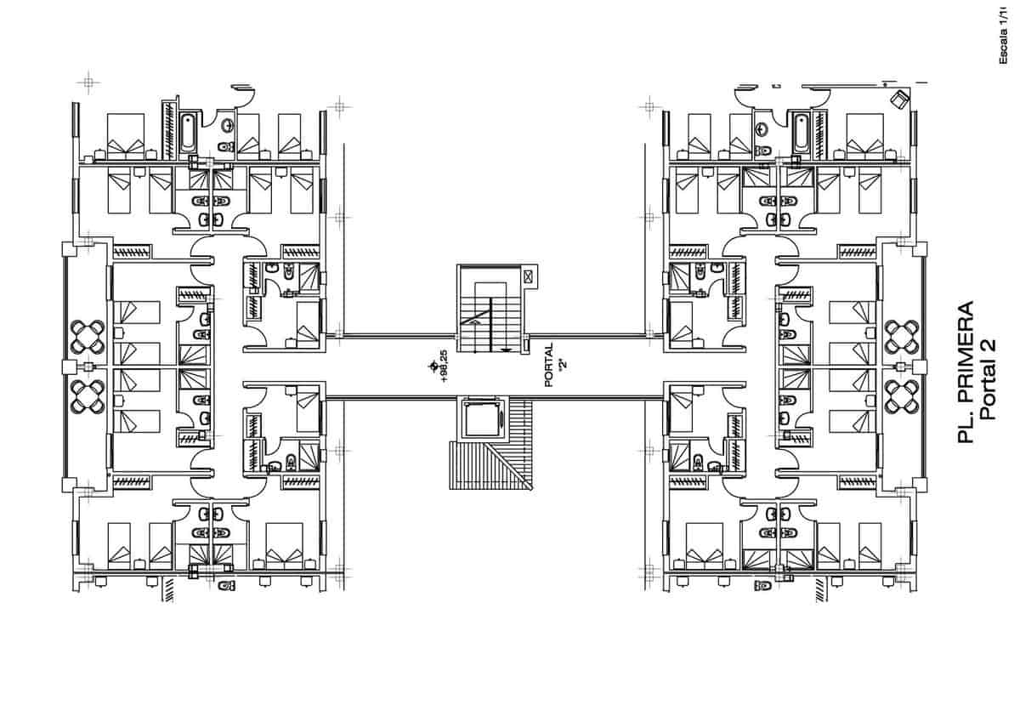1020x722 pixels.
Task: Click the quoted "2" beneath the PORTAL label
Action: pyautogui.click(x=562, y=365)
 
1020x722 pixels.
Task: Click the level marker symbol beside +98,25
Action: pyautogui.click(x=433, y=366)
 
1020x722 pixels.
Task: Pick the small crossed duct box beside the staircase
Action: pyautogui.click(x=528, y=276)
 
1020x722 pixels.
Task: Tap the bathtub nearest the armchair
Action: pyautogui.click(x=800, y=131)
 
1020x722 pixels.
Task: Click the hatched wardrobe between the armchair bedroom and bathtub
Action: pyautogui.click(x=821, y=132)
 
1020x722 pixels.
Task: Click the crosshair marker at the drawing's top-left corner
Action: pyautogui.click(x=88, y=82)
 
